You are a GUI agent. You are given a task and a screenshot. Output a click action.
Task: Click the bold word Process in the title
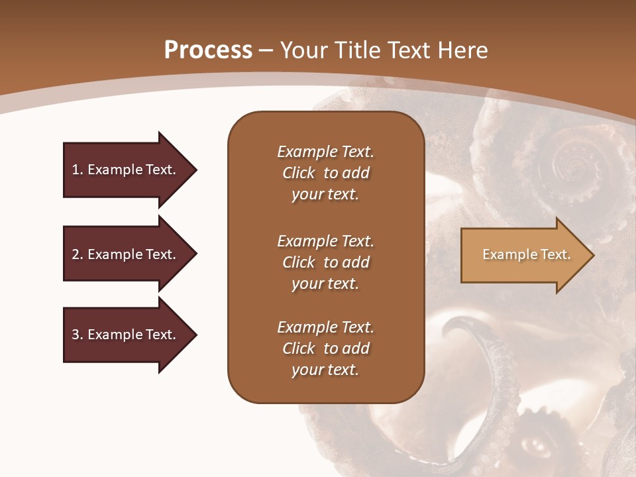[208, 50]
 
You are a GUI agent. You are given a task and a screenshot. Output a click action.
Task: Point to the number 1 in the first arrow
[76, 170]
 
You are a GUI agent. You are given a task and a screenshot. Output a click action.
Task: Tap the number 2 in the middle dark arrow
[76, 254]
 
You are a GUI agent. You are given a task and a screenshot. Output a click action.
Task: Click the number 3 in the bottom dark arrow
[76, 335]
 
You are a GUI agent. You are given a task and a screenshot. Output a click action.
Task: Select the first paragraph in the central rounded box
[325, 173]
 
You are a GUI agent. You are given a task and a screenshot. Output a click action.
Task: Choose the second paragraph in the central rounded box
[325, 262]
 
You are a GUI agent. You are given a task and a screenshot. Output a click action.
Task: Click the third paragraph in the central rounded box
[325, 348]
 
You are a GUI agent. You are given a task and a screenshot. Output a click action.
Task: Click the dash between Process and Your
[266, 50]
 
